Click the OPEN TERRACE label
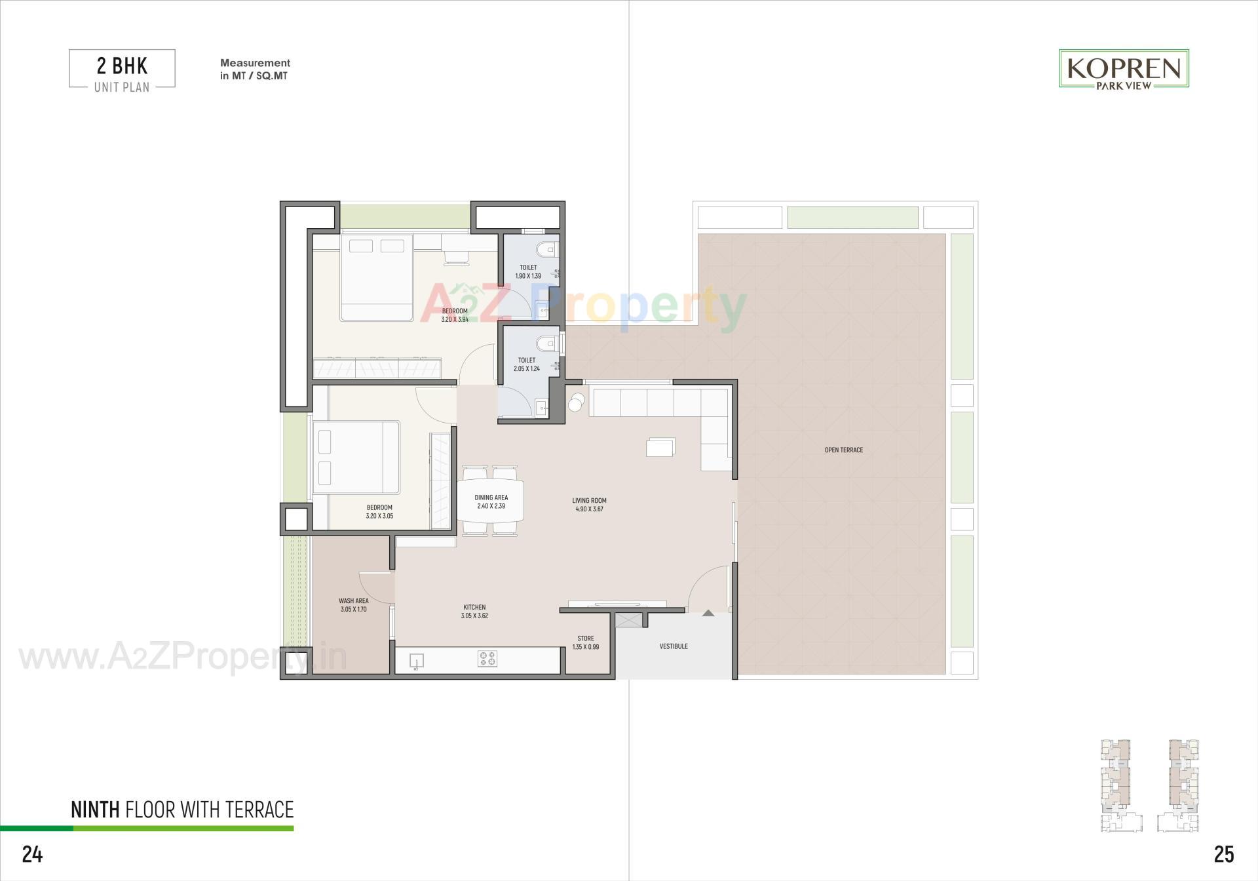843,450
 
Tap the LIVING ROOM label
589,501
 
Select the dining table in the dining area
491,501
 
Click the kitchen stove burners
487,659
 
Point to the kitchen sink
416,661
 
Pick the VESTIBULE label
674,646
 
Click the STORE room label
586,638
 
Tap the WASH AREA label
353,601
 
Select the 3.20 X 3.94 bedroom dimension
455,320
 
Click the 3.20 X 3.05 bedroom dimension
379,517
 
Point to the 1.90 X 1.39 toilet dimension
528,277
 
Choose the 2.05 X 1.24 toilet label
527,364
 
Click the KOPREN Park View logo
1124,69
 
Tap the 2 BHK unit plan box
122,69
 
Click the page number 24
32,854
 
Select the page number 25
1224,854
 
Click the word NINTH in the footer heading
95,810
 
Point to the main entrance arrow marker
708,613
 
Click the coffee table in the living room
660,447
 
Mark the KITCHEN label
474,608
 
